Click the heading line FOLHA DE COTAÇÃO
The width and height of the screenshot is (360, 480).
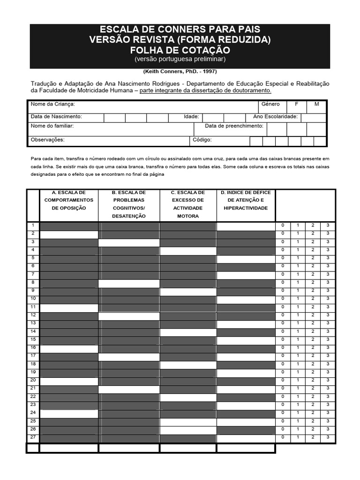180,50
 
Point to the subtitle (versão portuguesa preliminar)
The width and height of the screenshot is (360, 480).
180,60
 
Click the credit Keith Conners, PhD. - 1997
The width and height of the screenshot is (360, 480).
180,72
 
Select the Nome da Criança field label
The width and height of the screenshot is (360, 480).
53,104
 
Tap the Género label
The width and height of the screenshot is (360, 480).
271,104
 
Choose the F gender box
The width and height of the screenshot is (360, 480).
296,104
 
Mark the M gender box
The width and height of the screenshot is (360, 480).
316,104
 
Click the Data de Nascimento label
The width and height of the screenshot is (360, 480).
56,116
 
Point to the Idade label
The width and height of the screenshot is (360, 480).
191,116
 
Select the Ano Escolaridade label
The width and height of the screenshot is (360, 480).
275,116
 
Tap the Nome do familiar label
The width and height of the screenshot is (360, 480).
52,126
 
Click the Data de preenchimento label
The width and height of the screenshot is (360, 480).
234,126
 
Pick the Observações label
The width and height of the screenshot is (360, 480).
47,140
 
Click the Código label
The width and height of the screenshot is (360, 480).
202,140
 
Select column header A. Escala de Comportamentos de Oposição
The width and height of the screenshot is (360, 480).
69,200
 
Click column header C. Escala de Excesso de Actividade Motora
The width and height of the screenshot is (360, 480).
188,204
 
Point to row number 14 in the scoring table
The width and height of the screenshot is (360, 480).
33,331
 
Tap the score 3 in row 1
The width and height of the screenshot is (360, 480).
328,225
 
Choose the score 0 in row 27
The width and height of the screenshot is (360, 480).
283,437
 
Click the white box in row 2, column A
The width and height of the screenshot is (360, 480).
69,233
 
